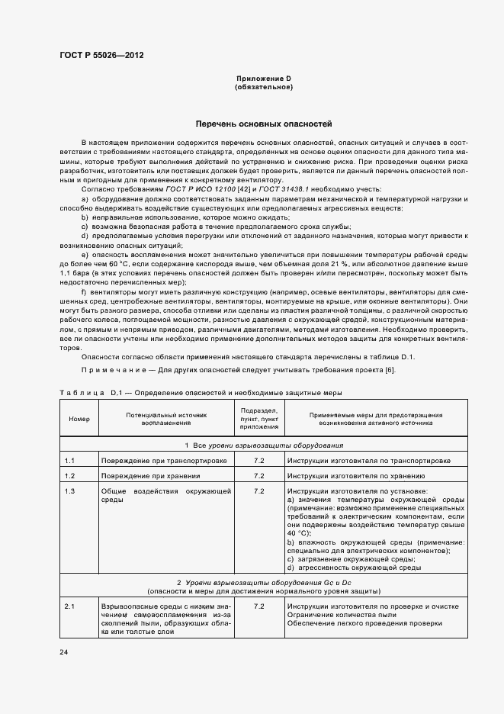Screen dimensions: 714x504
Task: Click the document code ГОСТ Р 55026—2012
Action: [x=101, y=55]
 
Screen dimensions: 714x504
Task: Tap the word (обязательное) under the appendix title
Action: [x=264, y=87]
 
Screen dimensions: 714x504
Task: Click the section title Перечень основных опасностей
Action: [x=264, y=124]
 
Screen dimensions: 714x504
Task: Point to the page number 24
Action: [x=64, y=652]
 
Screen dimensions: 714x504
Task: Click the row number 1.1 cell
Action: [x=69, y=462]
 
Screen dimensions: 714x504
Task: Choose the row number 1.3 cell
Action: [x=69, y=490]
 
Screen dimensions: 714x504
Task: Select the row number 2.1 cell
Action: [x=69, y=606]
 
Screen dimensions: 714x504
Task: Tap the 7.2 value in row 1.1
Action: [x=258, y=462]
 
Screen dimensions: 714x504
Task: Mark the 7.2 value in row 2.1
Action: [x=258, y=606]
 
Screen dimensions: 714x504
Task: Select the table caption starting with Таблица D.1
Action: [x=201, y=393]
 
